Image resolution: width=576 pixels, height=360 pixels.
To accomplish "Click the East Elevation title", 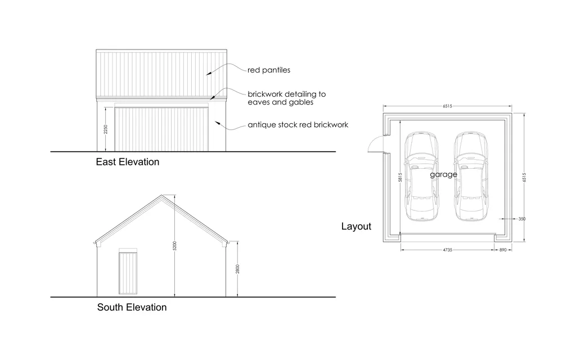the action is point(128,162).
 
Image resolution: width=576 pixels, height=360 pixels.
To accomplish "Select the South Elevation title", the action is point(132,308).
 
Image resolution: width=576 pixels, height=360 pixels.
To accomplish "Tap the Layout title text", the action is point(356,226).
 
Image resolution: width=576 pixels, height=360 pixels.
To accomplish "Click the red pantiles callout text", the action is point(269,70).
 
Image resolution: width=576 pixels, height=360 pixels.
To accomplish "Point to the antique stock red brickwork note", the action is point(298,125).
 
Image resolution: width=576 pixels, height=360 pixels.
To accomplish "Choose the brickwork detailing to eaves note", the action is point(286,98).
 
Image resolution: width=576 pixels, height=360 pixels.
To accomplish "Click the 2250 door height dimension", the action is point(106,129).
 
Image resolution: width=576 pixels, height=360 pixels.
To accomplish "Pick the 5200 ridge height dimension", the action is point(175,246).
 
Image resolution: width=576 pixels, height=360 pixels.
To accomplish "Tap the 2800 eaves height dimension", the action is point(238,269).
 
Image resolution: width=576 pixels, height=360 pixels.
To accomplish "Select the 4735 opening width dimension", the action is point(447,250).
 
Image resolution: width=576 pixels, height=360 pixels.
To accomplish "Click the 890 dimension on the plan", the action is point(503,250).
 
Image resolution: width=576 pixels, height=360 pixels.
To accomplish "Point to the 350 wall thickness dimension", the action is point(522,219).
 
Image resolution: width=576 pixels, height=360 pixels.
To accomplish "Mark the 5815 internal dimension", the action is point(400,177).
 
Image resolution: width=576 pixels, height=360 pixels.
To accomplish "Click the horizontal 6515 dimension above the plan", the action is point(447,106).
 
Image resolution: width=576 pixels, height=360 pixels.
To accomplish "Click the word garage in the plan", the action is point(444,174).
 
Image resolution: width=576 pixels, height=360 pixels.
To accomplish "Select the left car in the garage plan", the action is point(422,177).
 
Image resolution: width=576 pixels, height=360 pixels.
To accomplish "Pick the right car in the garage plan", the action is point(471,177).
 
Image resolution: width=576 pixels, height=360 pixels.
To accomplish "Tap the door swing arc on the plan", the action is point(372,141).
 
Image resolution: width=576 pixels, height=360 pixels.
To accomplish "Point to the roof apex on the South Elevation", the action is point(161,195).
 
